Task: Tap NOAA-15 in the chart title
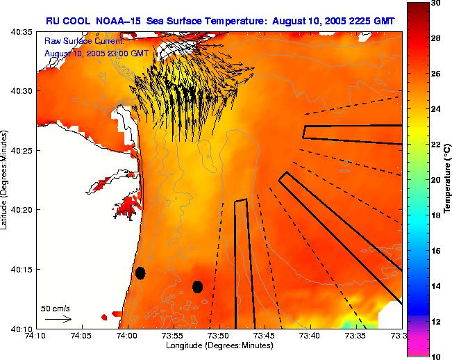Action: coord(122,22)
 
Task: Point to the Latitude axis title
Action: coord(5,180)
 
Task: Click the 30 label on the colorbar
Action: coord(435,4)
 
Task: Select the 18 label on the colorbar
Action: coord(435,215)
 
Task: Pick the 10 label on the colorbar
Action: coord(435,356)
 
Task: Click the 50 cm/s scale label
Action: coord(56,308)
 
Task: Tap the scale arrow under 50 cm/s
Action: coord(58,319)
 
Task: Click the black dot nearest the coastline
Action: coord(140,273)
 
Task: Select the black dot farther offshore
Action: coord(197,286)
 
